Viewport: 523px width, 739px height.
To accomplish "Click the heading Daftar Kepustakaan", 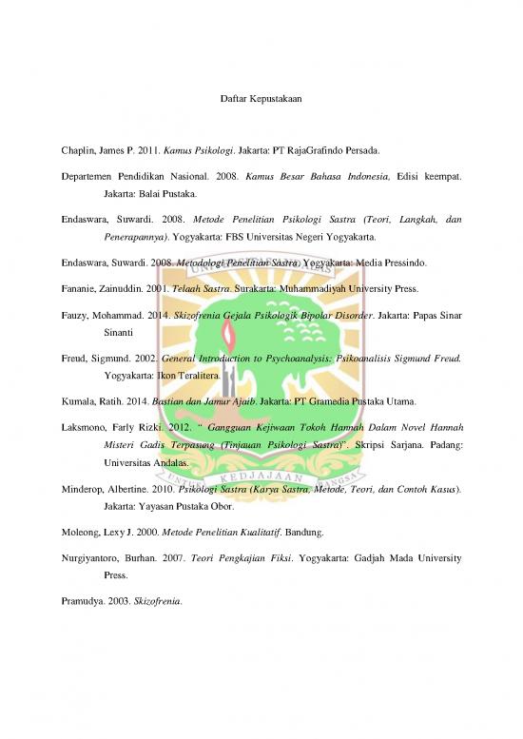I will (261, 99).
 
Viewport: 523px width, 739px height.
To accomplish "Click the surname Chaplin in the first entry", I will (78, 150).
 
